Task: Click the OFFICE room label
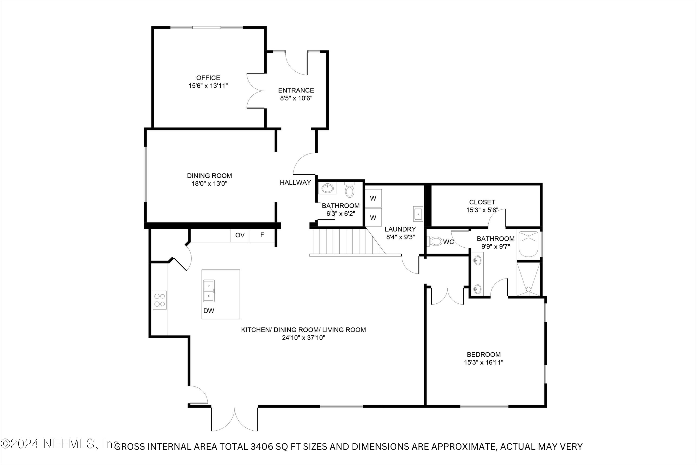[208, 78]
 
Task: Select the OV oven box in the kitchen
[240, 235]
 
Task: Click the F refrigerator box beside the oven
[262, 235]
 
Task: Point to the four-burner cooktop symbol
[159, 300]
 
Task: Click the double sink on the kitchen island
[209, 291]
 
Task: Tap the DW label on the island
[209, 311]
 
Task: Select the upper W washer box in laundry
[373, 198]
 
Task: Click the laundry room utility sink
[418, 213]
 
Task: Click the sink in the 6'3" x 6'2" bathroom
[327, 188]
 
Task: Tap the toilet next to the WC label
[434, 241]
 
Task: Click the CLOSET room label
[482, 202]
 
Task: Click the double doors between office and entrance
[255, 90]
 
